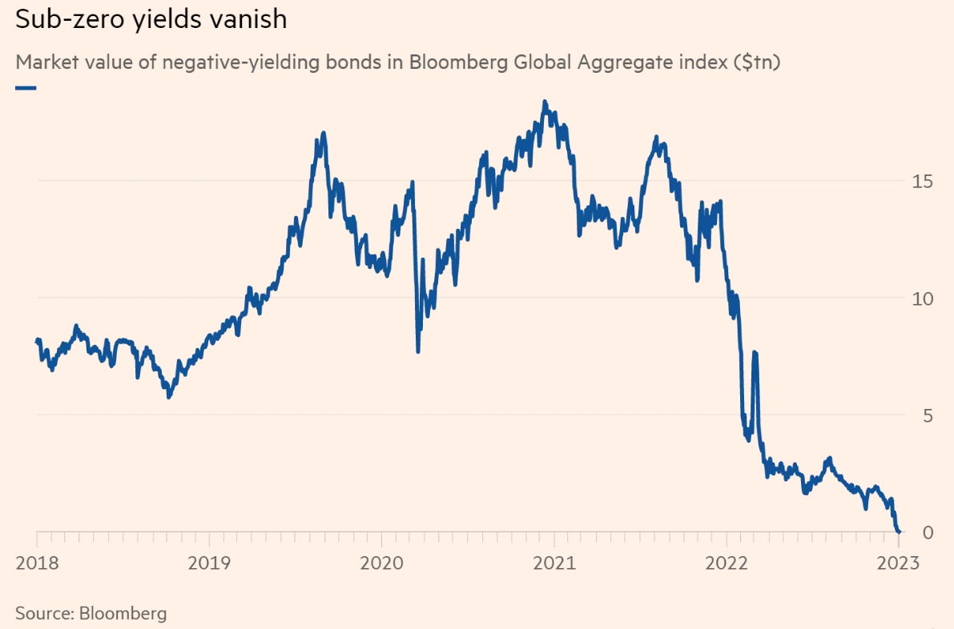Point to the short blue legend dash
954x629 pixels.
(26, 87)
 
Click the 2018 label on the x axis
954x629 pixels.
(35, 563)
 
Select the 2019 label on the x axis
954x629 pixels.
(209, 563)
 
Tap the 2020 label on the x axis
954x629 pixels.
(381, 563)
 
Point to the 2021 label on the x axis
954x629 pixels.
(554, 563)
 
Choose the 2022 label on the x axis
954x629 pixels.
(727, 563)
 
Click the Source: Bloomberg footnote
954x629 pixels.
(91, 614)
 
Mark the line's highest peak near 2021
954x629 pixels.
(545, 102)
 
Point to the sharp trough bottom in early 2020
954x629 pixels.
(418, 351)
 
